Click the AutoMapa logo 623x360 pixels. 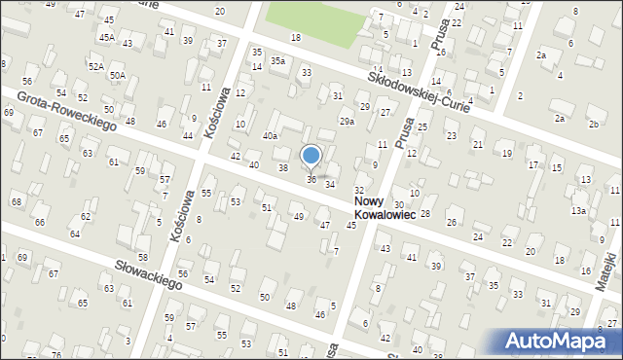coord(559,341)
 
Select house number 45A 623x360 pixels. coord(106,37)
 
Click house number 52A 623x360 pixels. coord(95,66)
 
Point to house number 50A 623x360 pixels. coord(117,74)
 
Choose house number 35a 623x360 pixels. coord(278,60)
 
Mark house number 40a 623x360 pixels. coord(270,136)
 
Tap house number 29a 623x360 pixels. coord(346,121)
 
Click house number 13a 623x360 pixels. coord(578,210)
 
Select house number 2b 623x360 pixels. coord(593,125)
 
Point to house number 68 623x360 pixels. coord(16,201)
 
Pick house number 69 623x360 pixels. coord(8,114)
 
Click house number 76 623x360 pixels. coord(55,355)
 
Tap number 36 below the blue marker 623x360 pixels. coord(311,179)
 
